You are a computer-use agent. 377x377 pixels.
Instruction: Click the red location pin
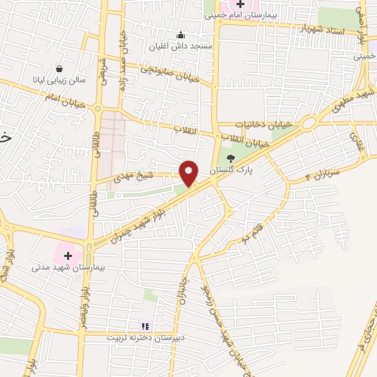point(190,173)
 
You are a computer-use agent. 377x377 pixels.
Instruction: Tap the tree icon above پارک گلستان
point(230,158)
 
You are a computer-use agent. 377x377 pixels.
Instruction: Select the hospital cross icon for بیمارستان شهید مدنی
point(68,255)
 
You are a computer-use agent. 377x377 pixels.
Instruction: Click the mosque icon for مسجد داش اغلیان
point(180,34)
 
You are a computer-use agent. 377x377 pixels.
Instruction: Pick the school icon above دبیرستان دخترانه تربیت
point(145,325)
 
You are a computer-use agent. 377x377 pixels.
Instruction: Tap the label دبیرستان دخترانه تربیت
point(144,337)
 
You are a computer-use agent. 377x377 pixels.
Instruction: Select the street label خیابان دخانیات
point(264,125)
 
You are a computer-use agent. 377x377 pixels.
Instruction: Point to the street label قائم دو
point(251,237)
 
